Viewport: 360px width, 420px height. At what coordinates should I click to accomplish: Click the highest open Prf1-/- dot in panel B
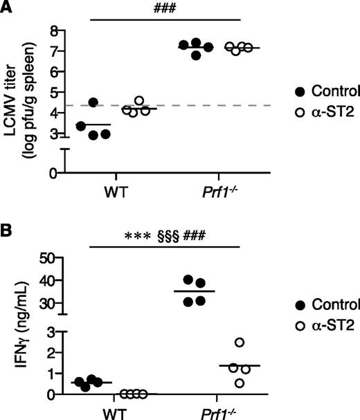click(258, 343)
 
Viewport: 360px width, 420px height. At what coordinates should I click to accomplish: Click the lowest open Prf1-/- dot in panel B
click(259, 383)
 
